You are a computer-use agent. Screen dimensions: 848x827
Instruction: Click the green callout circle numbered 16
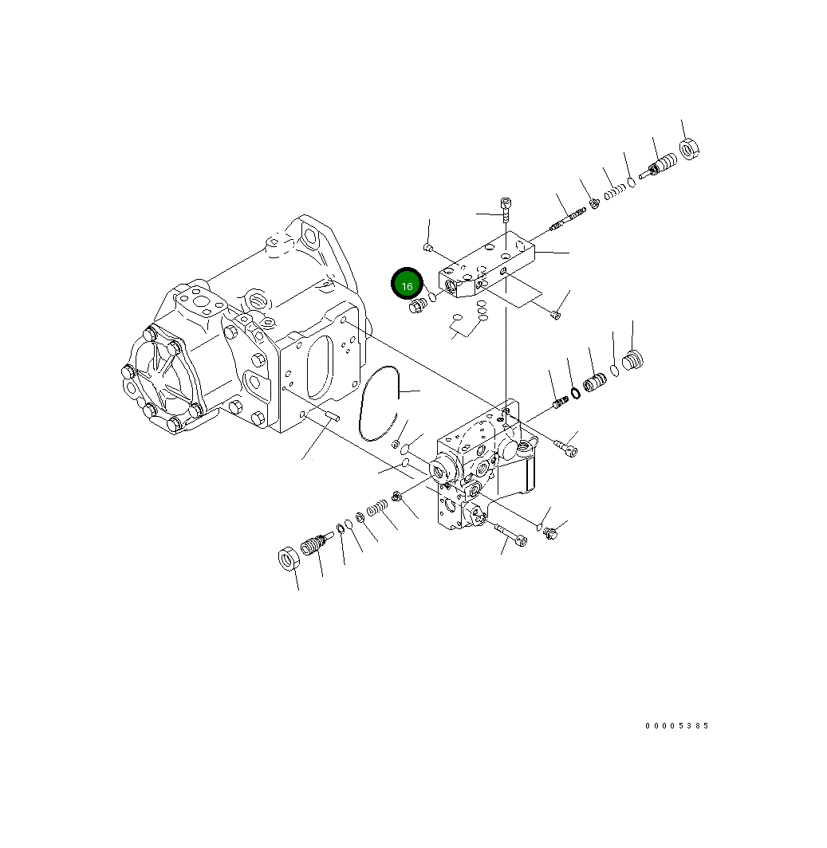coord(407,285)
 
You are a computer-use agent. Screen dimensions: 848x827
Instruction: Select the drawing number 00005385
coord(677,726)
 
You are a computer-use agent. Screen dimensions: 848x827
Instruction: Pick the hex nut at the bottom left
coord(289,559)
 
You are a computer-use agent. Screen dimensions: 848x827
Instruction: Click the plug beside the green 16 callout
coord(415,308)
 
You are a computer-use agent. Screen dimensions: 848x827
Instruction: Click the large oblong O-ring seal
coord(379,403)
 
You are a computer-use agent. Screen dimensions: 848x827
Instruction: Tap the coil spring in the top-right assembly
coord(612,191)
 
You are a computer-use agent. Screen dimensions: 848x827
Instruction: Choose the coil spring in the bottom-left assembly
coord(377,508)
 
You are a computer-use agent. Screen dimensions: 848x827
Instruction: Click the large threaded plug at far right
coord(632,361)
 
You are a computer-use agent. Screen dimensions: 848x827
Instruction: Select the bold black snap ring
coord(574,392)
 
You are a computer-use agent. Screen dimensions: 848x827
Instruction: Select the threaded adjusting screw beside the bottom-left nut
coord(313,546)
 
